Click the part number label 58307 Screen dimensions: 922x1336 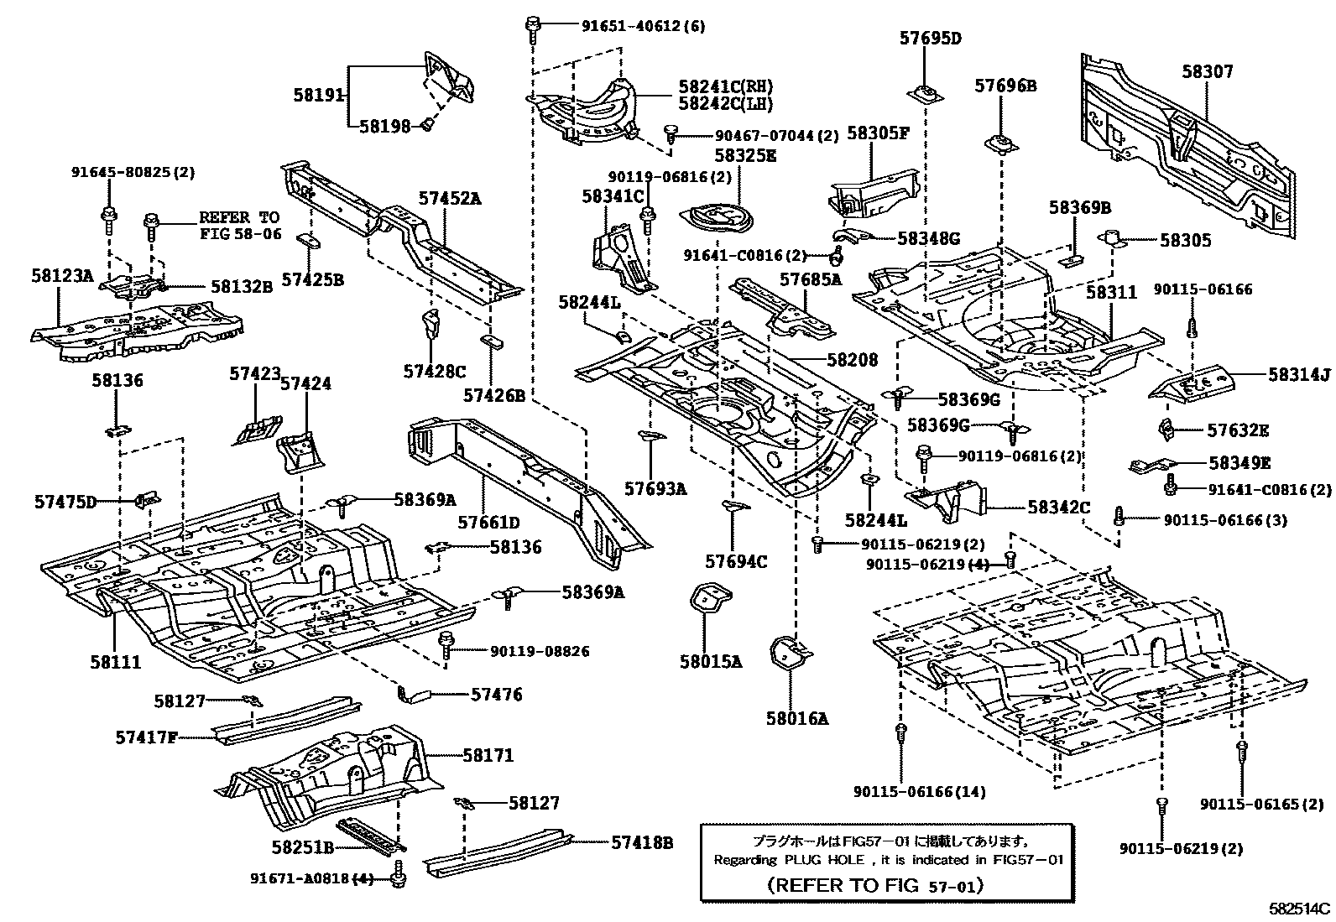pyautogui.click(x=1208, y=72)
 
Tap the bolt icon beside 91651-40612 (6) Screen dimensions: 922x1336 pyautogui.click(x=532, y=28)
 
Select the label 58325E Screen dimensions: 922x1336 pyautogui.click(x=745, y=155)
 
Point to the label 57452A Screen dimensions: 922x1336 pyautogui.click(x=451, y=199)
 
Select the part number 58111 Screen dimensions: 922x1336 pyautogui.click(x=116, y=662)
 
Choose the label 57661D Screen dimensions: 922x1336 pyautogui.click(x=488, y=523)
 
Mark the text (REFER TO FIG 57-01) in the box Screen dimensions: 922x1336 pyautogui.click(x=875, y=885)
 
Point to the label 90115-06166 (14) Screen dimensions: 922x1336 pyautogui.click(x=920, y=791)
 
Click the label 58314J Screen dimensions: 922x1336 pyautogui.click(x=1299, y=377)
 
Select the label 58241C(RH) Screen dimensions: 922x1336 pyautogui.click(x=725, y=86)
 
